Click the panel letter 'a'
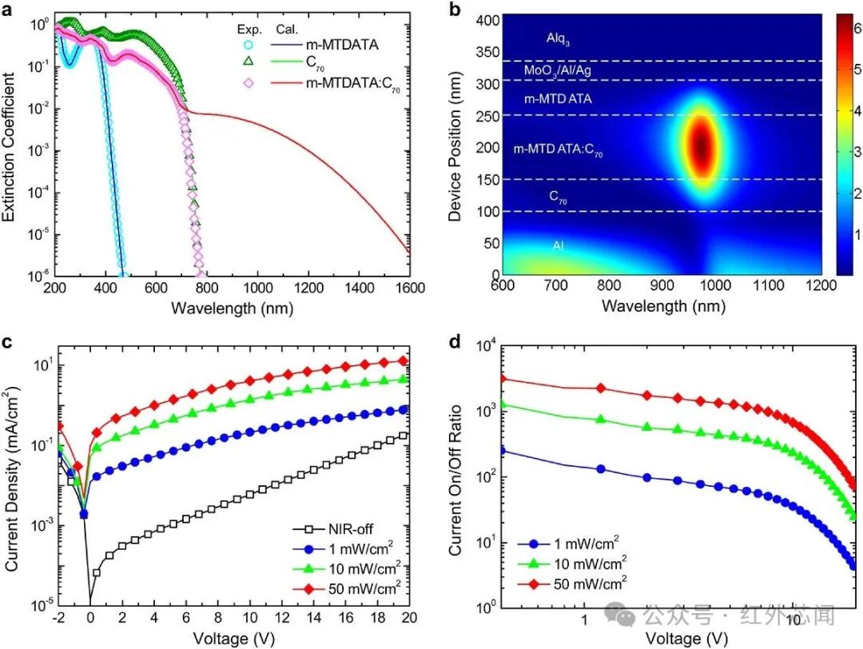click(7, 10)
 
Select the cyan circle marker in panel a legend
click(249, 45)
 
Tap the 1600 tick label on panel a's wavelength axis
click(410, 288)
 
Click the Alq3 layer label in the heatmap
click(558, 38)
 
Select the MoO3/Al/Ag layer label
click(557, 71)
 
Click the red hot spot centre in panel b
click(702, 146)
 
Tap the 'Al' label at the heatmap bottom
click(558, 245)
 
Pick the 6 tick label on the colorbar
click(857, 27)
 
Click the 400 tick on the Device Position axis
click(487, 21)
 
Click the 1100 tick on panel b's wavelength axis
click(769, 285)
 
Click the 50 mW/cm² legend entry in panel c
click(347, 588)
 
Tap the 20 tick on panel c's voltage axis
click(409, 618)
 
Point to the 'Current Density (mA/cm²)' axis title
click(11, 478)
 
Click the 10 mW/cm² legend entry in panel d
click(572, 563)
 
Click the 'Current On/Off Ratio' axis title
click(455, 480)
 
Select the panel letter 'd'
click(455, 342)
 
